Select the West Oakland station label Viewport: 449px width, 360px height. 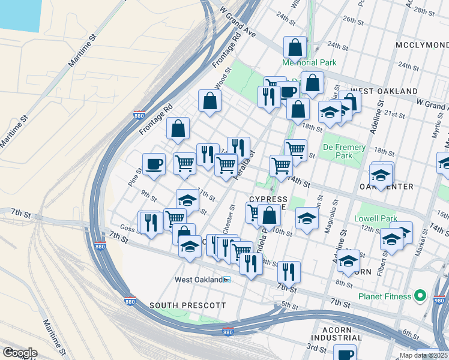(199, 280)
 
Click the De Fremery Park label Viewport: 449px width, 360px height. (344, 151)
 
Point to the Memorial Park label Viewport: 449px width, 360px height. (310, 62)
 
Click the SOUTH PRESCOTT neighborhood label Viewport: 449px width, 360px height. (187, 305)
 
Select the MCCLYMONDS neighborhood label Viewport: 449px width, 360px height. (422, 46)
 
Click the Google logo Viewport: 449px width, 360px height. (20, 353)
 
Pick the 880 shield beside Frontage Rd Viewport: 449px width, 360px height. (137, 114)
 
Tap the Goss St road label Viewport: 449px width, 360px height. (130, 229)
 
